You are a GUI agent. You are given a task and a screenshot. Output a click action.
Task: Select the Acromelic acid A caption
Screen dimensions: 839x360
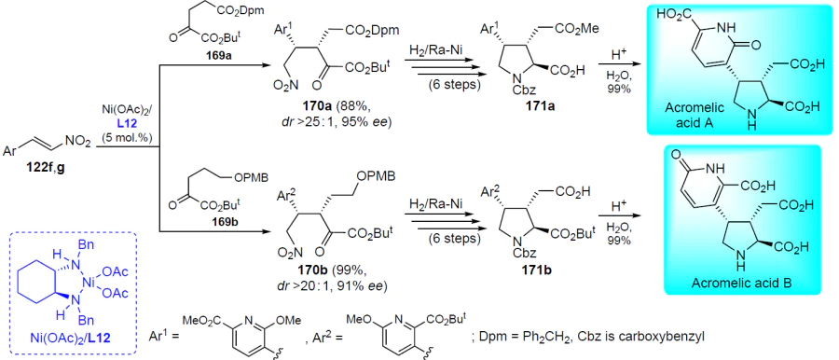(694, 114)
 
